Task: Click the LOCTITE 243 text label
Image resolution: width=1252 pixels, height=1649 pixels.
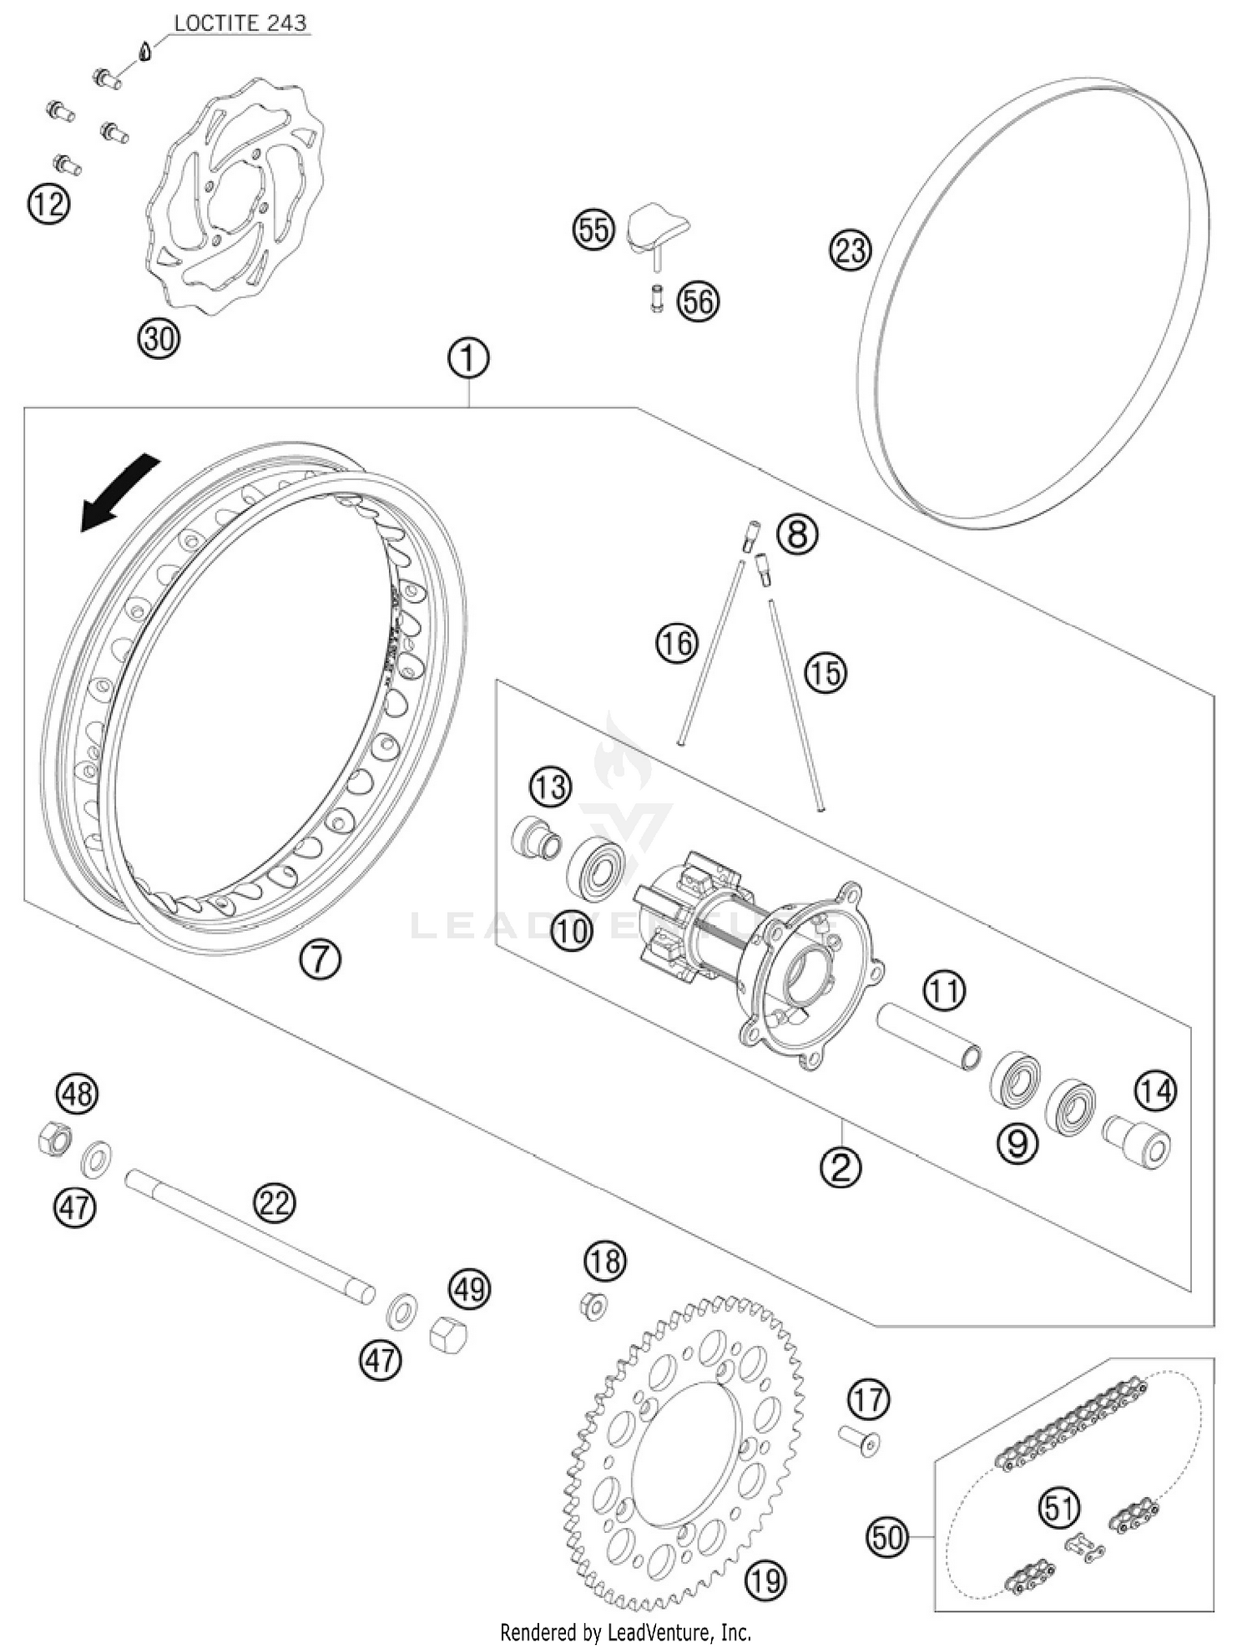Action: pyautogui.click(x=240, y=23)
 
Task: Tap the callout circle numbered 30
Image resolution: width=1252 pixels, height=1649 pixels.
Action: pyautogui.click(x=159, y=339)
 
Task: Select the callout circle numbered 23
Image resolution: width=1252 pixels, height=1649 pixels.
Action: pyautogui.click(x=850, y=250)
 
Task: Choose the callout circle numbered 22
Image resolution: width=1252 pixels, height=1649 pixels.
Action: pyautogui.click(x=275, y=1203)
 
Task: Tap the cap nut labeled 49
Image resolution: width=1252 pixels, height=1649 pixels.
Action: pyautogui.click(x=448, y=1334)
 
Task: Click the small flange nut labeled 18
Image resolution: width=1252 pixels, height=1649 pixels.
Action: pyautogui.click(x=593, y=1306)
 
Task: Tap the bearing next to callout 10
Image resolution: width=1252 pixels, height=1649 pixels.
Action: pyautogui.click(x=596, y=867)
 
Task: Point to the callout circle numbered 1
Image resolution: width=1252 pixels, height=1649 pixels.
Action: pyautogui.click(x=468, y=358)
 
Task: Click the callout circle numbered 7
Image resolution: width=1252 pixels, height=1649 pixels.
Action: pyautogui.click(x=320, y=960)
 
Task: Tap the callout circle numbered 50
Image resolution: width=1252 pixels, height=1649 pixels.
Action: pyautogui.click(x=888, y=1535)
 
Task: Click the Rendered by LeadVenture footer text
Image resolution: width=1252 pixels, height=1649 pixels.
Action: pyautogui.click(x=625, y=1631)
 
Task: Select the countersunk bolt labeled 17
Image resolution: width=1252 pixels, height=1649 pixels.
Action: pyautogui.click(x=861, y=1439)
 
